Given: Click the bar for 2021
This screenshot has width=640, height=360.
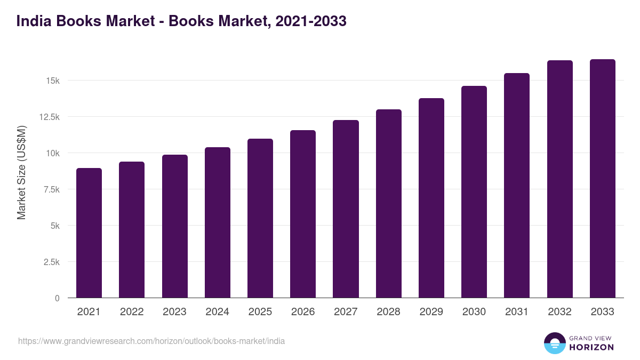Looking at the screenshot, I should tap(89, 233).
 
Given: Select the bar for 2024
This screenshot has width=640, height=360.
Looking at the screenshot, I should tap(218, 222).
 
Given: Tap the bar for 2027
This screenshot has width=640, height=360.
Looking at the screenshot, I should tap(346, 209).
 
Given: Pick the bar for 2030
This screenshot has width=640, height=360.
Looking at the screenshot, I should tap(474, 192).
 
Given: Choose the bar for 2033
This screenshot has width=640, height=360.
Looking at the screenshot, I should tap(602, 179).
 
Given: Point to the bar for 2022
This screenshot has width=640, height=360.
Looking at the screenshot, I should tap(132, 230).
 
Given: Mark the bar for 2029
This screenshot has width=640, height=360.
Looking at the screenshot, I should tap(431, 198).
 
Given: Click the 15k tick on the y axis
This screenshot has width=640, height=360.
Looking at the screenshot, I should tap(52, 81).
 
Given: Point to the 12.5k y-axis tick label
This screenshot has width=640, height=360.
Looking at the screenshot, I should tap(49, 117).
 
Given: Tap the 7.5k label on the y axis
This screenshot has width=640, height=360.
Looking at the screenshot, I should tap(51, 189).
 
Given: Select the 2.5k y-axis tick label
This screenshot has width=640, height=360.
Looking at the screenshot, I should tap(51, 262).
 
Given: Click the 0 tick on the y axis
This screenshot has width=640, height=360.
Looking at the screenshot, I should tap(57, 298).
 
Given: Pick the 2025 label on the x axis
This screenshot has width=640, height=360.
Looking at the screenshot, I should tap(260, 312).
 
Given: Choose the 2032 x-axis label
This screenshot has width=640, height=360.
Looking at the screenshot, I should tap(559, 312).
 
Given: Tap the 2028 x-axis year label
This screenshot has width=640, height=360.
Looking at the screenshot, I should tap(388, 312).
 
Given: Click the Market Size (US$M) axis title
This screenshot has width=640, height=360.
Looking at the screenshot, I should tap(21, 172).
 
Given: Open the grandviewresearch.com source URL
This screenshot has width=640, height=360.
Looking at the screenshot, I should tap(151, 341).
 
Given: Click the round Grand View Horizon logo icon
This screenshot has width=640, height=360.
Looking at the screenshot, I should tap(554, 343).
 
